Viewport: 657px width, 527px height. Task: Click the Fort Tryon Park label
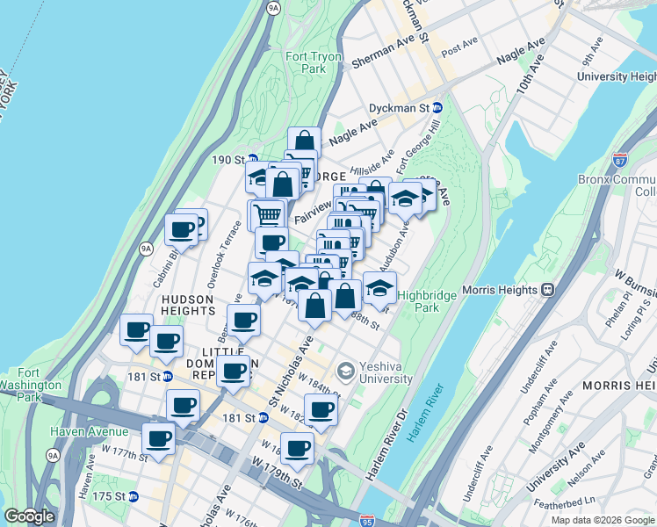[312, 62]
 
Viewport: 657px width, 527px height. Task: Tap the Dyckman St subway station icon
[437, 108]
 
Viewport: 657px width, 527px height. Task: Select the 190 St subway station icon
[252, 160]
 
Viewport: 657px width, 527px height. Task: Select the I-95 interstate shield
[367, 520]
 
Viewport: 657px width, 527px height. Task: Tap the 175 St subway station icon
[134, 496]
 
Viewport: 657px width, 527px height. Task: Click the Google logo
[29, 516]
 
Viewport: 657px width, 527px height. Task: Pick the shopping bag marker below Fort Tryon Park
[304, 141]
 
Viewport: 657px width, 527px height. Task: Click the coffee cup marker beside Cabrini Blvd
[182, 230]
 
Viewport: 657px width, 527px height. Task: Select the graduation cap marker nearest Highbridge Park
[379, 288]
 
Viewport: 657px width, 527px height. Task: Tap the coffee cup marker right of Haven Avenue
[159, 439]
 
